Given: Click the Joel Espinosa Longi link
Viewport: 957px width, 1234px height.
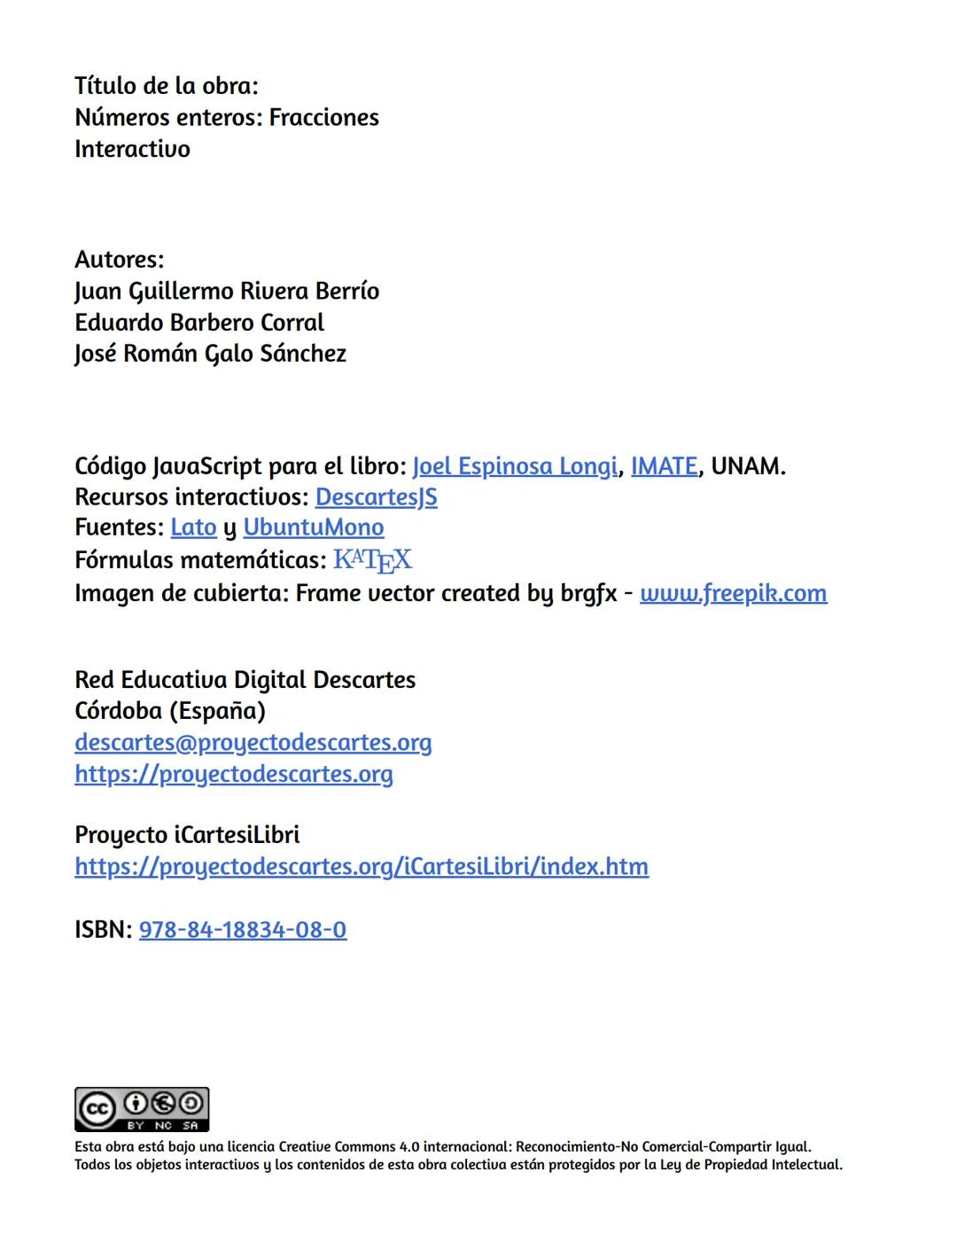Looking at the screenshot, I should click(514, 466).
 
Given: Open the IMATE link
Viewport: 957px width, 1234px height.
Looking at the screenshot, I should click(664, 466).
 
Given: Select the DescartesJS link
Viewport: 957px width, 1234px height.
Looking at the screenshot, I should click(376, 496).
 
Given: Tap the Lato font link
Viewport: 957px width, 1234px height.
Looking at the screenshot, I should click(193, 527).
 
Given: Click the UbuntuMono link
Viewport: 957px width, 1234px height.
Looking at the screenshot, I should click(313, 527).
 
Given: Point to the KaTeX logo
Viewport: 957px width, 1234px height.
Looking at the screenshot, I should click(372, 560).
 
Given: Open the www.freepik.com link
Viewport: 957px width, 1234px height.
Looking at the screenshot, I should click(733, 593).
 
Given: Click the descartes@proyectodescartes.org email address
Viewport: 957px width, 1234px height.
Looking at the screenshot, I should click(253, 742).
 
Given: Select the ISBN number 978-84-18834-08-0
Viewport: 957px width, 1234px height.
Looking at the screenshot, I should click(242, 930).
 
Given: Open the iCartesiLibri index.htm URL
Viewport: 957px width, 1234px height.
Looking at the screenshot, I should click(361, 866).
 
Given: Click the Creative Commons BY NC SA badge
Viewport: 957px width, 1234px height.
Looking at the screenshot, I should click(142, 1109).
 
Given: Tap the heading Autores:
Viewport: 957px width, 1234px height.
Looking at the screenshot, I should click(120, 260).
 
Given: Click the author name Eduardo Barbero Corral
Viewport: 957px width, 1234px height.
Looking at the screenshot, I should click(199, 323).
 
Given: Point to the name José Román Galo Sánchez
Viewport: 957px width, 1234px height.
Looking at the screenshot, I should click(210, 354).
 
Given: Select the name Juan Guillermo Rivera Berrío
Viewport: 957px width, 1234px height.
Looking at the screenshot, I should click(227, 292).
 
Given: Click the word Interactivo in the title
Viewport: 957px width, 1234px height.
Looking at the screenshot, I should click(132, 149).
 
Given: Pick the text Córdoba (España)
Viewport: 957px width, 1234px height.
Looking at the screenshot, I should click(170, 711).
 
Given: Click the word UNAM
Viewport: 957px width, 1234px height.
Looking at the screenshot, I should click(747, 466).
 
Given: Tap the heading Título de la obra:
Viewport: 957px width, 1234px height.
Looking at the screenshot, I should click(167, 86).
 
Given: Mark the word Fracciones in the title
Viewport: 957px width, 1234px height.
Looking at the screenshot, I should click(323, 118).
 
